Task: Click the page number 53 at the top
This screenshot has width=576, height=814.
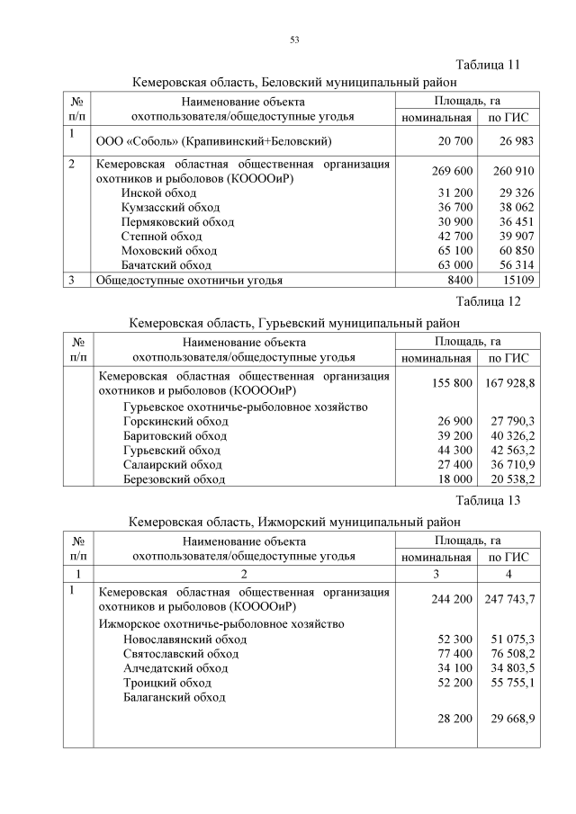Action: pos(294,40)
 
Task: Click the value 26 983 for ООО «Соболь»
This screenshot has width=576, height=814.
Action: pos(511,141)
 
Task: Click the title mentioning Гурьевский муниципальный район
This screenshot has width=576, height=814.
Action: pos(293,321)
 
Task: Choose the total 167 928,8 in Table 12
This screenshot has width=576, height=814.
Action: pos(510,384)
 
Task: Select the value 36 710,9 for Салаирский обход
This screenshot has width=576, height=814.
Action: pos(510,464)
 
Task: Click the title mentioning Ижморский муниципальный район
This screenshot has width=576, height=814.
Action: pos(293,521)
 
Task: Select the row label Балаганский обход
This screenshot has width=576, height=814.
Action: pos(175,697)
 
